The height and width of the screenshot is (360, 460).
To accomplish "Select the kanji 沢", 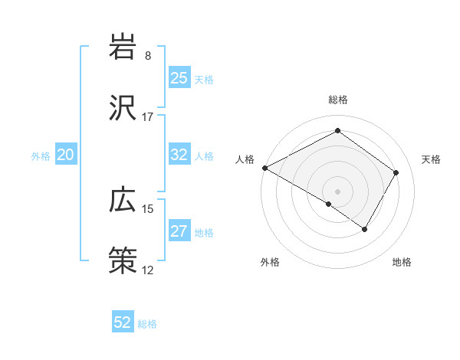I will point(123,109).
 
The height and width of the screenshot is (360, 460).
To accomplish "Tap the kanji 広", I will point(123,201).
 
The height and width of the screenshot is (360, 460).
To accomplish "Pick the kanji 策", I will point(123,261).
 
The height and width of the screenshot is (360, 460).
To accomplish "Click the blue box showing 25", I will point(179,78).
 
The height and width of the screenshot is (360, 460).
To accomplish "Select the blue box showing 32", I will point(179,155).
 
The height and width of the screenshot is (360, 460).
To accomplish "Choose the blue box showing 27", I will point(179,232).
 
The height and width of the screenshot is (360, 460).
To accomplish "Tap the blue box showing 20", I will point(65,155).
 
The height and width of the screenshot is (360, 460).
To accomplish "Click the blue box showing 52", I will point(123,322).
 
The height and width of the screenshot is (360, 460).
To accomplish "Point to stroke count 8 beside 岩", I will point(148,56).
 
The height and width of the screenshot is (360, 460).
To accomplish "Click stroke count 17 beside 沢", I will point(148,117).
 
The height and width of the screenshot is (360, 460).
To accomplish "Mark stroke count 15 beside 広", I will point(148,209).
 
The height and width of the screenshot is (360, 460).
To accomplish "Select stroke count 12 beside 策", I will point(148,270).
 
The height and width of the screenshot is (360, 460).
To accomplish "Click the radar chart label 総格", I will point(337,100).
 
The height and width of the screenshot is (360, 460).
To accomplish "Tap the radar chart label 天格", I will point(431,159).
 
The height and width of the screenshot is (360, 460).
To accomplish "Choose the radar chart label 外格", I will point(270,263).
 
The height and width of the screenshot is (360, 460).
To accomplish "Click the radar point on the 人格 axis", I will point(264,168).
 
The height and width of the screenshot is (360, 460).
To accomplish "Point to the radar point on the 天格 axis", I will point(396,172).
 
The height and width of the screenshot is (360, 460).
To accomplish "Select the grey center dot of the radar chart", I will point(337,191).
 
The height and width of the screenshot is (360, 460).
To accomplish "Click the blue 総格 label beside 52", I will point(147,324).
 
